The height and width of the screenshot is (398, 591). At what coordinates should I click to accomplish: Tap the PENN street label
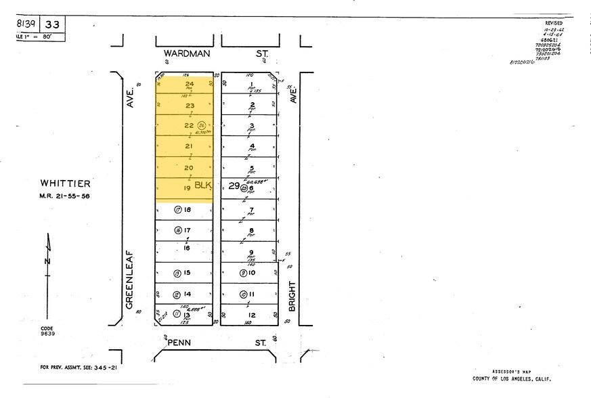click(175, 343)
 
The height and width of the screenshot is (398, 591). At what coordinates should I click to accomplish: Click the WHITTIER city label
click(65, 183)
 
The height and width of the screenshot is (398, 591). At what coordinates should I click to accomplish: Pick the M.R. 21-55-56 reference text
click(65, 196)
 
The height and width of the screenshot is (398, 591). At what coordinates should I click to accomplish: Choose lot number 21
click(189, 146)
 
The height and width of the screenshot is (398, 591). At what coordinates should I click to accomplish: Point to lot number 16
click(186, 248)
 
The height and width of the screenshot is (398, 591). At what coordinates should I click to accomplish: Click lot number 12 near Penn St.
click(250, 315)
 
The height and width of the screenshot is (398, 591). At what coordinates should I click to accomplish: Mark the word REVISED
click(553, 23)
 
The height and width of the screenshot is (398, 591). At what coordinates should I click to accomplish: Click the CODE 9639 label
click(47, 330)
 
